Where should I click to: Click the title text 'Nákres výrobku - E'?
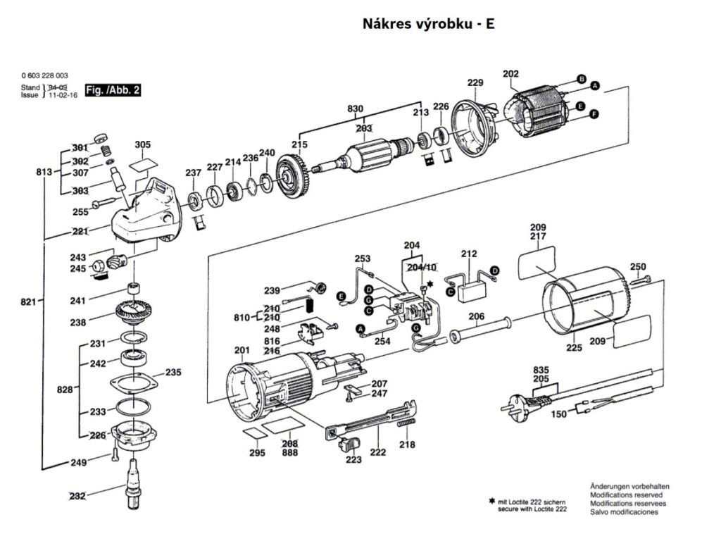click(x=428, y=23)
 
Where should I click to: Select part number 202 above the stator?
click(x=510, y=74)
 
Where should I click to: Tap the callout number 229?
click(x=475, y=83)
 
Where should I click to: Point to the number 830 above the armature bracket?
click(x=356, y=108)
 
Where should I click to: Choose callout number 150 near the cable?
click(x=558, y=414)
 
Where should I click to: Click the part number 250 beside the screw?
click(x=637, y=267)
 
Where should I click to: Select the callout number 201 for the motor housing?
click(x=242, y=351)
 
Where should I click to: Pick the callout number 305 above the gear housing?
click(x=143, y=145)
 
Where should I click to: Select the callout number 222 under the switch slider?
click(x=378, y=452)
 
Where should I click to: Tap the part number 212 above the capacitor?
click(x=469, y=254)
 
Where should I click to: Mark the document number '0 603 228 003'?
click(x=44, y=75)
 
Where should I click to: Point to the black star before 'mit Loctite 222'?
click(x=491, y=501)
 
